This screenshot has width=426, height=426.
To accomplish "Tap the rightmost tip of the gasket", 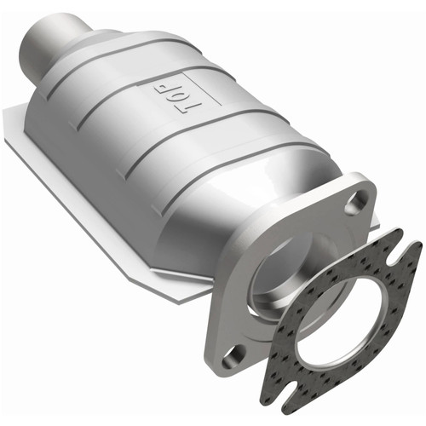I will point(419,247).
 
